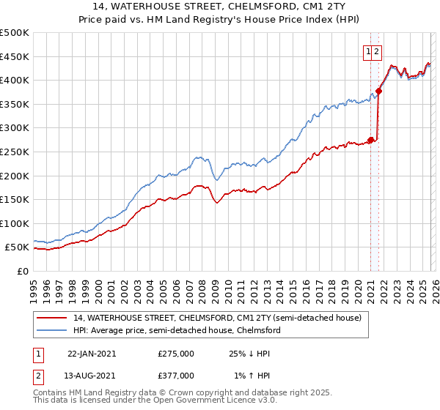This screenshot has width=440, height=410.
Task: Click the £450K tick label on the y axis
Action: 15,56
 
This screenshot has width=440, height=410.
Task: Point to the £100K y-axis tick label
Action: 15,223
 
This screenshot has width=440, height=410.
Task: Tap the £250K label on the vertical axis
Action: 15,152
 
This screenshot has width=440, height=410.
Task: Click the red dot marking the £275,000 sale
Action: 371,140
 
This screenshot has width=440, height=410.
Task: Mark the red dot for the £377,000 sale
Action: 378,92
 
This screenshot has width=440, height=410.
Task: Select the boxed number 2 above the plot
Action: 376,51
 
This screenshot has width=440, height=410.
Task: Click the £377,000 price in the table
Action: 176,376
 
